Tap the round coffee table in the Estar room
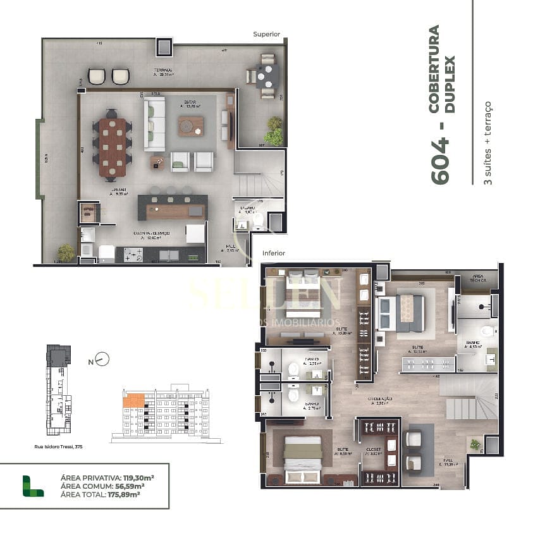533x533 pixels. point(190,127)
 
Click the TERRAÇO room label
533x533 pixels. point(163,70)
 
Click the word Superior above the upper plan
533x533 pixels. point(266,34)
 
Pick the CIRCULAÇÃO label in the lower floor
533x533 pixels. point(381,399)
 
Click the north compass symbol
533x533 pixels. point(102,359)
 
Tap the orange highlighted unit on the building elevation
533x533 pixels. point(133,400)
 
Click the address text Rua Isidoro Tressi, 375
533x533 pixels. point(59,446)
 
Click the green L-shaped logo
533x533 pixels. point(33,486)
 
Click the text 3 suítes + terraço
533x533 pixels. point(487,142)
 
